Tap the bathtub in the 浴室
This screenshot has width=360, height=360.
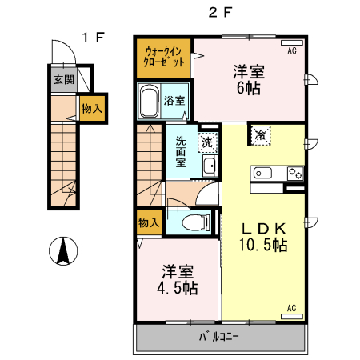(x=150, y=102)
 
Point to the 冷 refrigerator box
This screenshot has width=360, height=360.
(x=261, y=135)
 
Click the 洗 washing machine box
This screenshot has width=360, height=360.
(x=207, y=142)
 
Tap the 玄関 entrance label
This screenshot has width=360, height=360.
(x=64, y=79)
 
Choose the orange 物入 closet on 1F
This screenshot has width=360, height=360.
(x=91, y=108)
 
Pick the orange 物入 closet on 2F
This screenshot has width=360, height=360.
(x=148, y=222)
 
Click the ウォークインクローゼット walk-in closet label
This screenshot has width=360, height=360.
(x=164, y=58)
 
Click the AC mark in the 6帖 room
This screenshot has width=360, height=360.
(x=292, y=50)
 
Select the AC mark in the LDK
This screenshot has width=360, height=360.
(x=291, y=308)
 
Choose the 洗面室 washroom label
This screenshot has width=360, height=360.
(x=181, y=151)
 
